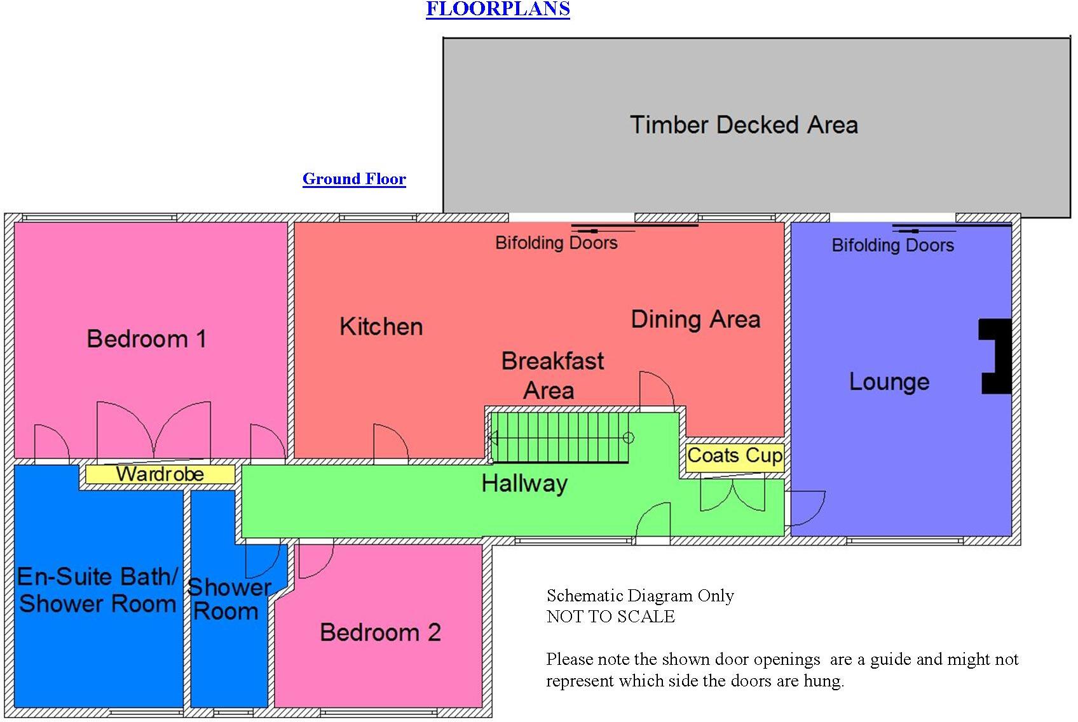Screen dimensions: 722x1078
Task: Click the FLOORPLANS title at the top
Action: (x=498, y=9)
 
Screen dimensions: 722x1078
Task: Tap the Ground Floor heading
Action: (x=354, y=179)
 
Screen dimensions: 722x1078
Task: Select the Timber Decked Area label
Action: (x=744, y=125)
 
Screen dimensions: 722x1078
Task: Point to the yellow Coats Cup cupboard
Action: (x=735, y=456)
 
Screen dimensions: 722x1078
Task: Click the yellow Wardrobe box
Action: (x=160, y=474)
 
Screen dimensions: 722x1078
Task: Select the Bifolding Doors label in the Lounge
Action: (x=892, y=245)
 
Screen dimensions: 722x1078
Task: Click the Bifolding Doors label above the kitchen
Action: (x=556, y=243)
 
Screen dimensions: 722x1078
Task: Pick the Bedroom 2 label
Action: (x=380, y=632)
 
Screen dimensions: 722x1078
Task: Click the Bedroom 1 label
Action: (x=147, y=339)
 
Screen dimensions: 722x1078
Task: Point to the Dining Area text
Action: (x=695, y=319)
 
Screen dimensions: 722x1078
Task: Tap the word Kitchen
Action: (x=381, y=327)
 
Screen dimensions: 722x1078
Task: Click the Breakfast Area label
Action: (x=552, y=375)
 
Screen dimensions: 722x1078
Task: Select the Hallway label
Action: (x=524, y=484)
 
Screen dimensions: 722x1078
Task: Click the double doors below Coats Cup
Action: (x=732, y=496)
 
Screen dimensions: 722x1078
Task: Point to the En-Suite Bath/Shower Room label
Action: (x=97, y=590)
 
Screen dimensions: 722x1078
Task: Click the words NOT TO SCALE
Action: (x=610, y=617)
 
